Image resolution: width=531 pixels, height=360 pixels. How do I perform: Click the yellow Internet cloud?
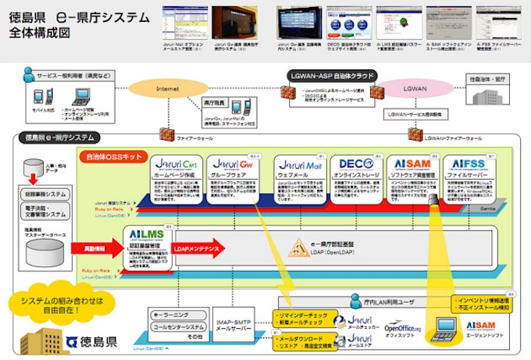(x=167, y=90)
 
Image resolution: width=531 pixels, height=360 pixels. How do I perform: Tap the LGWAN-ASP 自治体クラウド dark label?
(x=330, y=76)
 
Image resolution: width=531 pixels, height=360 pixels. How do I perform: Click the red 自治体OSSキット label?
(x=113, y=155)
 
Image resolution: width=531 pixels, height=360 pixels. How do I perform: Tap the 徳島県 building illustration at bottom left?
(x=35, y=337)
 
